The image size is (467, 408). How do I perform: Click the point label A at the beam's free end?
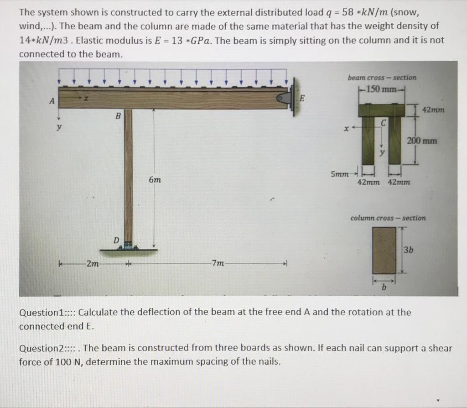pyautogui.click(x=52, y=101)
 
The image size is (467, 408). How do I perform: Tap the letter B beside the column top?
pyautogui.click(x=118, y=116)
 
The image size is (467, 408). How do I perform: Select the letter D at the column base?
pyautogui.click(x=116, y=240)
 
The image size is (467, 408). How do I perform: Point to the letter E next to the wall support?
pyautogui.click(x=302, y=98)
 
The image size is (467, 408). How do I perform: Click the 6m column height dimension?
pyautogui.click(x=155, y=180)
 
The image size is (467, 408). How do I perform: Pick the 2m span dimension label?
pyautogui.click(x=93, y=263)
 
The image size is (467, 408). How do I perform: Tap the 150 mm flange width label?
pyautogui.click(x=381, y=89)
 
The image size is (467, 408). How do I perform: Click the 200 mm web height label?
pyautogui.click(x=422, y=141)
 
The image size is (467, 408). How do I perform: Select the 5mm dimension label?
pyautogui.click(x=340, y=174)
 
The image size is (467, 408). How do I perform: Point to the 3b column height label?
pyautogui.click(x=409, y=250)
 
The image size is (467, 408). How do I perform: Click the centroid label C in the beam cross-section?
pyautogui.click(x=383, y=122)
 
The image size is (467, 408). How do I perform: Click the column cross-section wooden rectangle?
pyautogui.click(x=384, y=251)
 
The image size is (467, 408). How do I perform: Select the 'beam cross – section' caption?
pyautogui.click(x=382, y=78)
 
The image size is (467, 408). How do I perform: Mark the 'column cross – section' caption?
pyautogui.click(x=388, y=218)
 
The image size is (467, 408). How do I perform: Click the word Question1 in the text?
pyautogui.click(x=39, y=313)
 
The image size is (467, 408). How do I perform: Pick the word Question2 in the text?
pyautogui.click(x=39, y=348)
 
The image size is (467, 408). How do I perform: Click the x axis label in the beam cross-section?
pyautogui.click(x=346, y=129)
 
